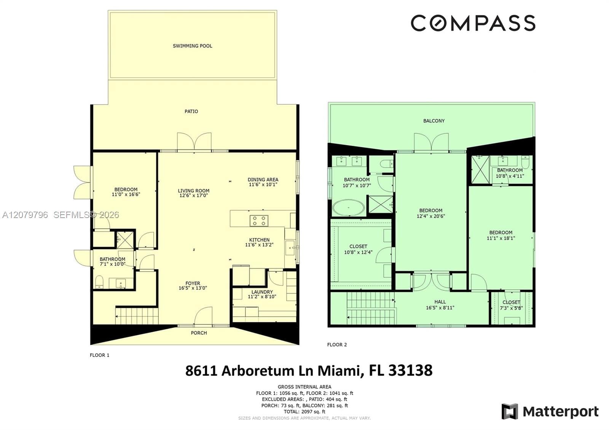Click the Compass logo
coord(473,23)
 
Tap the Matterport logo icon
coord(510,411)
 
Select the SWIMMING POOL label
coord(193,46)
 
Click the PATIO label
coord(191,111)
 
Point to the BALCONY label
coord(434,121)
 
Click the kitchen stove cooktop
coord(259,221)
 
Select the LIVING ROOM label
coord(194,191)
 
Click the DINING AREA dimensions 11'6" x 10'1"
coord(263,185)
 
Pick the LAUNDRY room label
coord(262,292)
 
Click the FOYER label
coord(193,283)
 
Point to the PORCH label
coord(199,333)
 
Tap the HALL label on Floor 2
coord(440,302)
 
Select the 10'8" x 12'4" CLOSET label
coord(358,249)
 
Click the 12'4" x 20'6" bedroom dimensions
coord(431,217)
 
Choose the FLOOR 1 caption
coord(99,355)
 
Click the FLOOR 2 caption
coord(337,345)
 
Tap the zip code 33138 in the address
coord(410,371)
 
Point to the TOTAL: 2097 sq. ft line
coord(304,412)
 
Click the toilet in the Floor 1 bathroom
coord(99,282)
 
